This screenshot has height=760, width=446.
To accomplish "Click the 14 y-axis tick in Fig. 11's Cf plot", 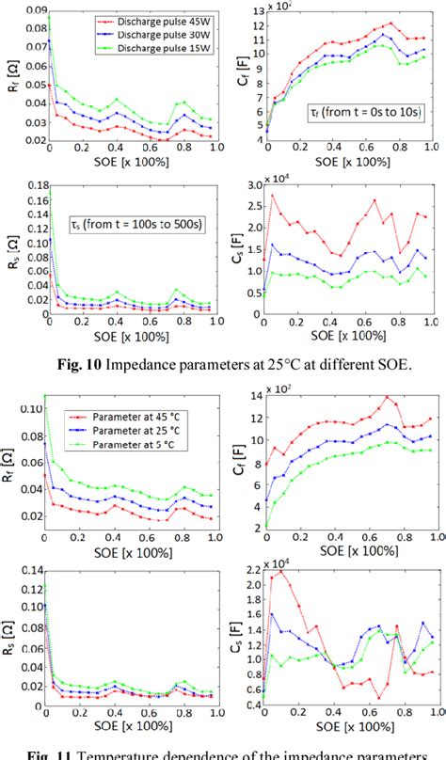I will [x=254, y=394].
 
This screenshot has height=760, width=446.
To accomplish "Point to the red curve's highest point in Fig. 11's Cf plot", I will [x=387, y=397].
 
